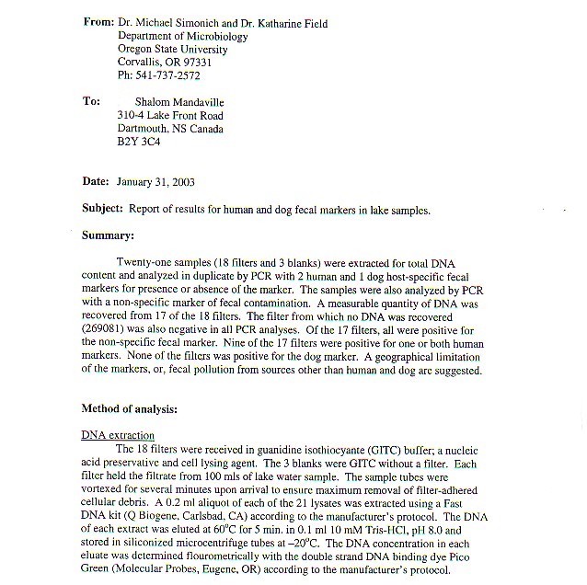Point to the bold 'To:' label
point(91,102)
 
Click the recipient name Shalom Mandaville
point(179,102)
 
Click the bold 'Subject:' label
point(102,209)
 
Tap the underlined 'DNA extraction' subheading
point(118,434)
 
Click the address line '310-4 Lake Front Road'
point(170,116)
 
